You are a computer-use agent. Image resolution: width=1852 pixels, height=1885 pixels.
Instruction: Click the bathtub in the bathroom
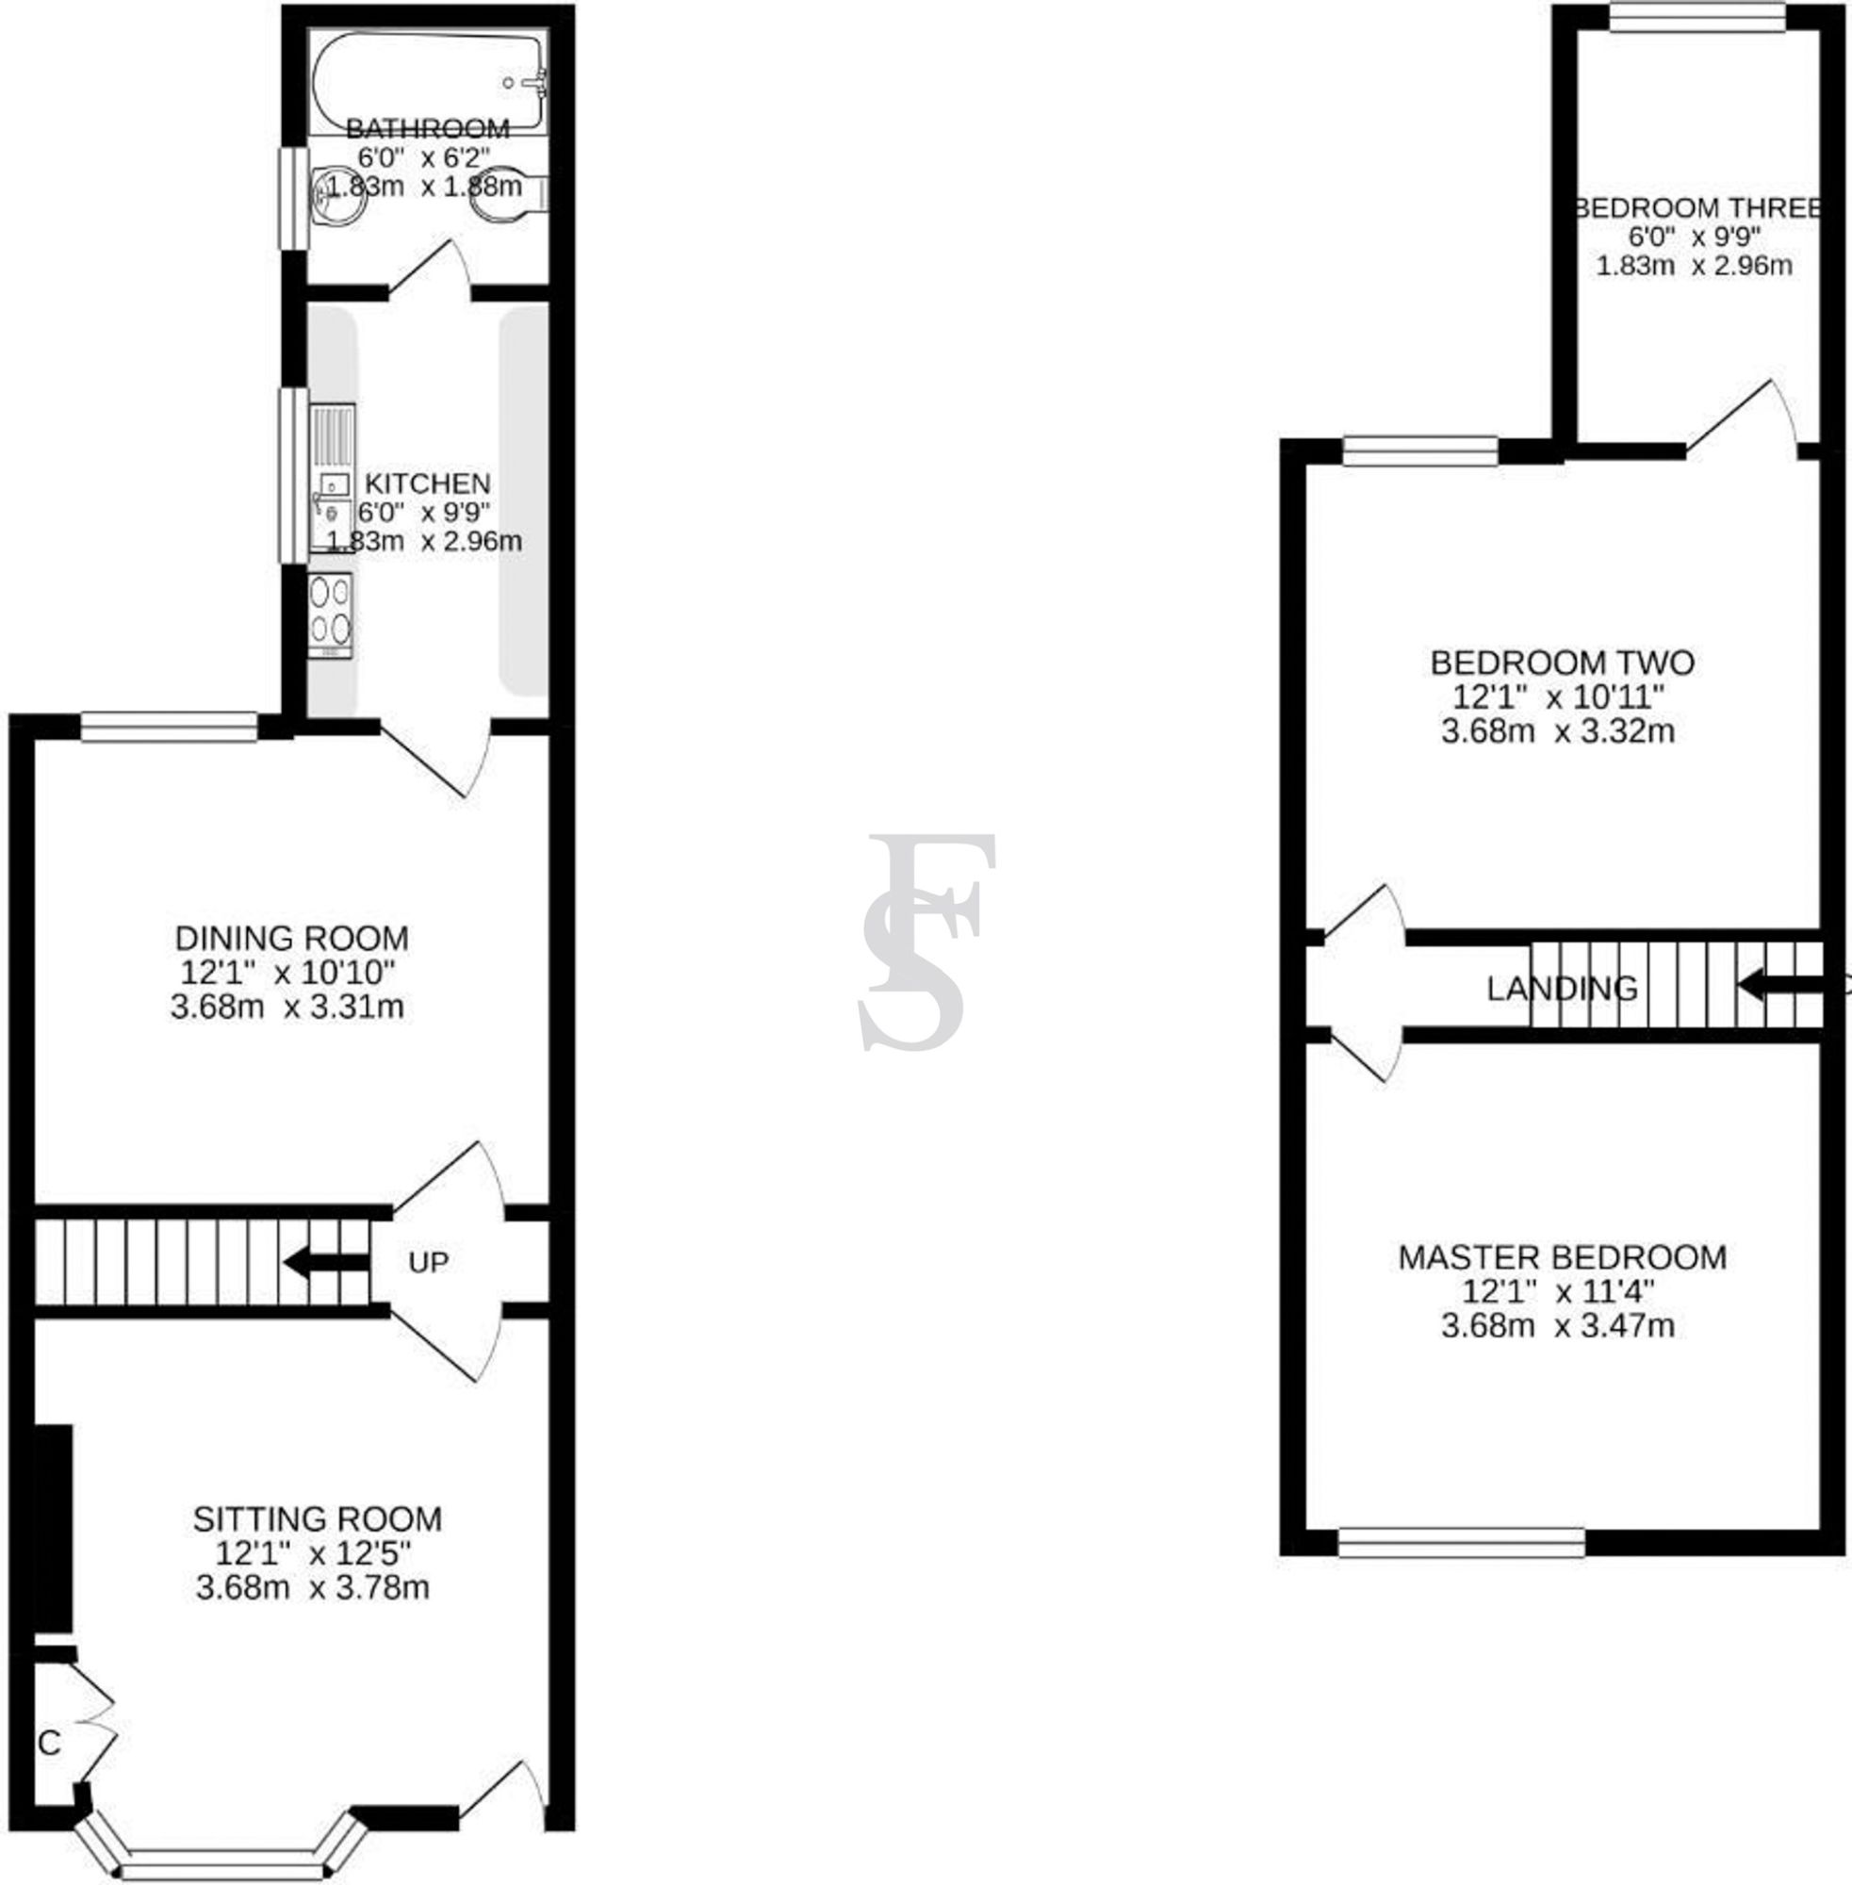pyautogui.click(x=428, y=82)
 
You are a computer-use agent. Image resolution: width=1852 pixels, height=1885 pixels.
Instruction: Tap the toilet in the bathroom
pyautogui.click(x=507, y=193)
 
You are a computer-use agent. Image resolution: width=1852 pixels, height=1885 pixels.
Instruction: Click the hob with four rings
pyautogui.click(x=330, y=614)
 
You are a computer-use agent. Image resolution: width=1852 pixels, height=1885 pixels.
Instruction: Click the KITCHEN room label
pyautogui.click(x=427, y=484)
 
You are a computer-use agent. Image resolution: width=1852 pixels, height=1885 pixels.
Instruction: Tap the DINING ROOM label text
pyautogui.click(x=292, y=939)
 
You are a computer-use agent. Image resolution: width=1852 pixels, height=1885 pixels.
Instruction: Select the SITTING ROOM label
pyautogui.click(x=317, y=1518)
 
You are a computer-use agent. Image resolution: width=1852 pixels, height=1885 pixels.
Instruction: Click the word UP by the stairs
pyautogui.click(x=428, y=1263)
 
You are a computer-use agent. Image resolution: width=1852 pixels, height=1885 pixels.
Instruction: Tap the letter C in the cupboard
pyautogui.click(x=50, y=1743)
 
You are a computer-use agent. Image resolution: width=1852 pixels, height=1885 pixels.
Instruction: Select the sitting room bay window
pyautogui.click(x=221, y=1860)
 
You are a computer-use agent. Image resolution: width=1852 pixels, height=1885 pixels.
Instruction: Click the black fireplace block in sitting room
pyautogui.click(x=54, y=1528)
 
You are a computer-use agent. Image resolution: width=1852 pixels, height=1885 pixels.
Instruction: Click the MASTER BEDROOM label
pyautogui.click(x=1562, y=1256)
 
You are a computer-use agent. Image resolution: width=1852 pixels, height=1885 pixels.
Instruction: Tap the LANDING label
pyautogui.click(x=1561, y=990)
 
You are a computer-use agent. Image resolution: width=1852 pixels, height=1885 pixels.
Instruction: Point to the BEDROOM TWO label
pyautogui.click(x=1562, y=664)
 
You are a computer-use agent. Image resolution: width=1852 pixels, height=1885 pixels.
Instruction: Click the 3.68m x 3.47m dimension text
pyautogui.click(x=1557, y=1326)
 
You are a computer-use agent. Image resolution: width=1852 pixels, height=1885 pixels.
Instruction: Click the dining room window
pyautogui.click(x=170, y=727)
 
